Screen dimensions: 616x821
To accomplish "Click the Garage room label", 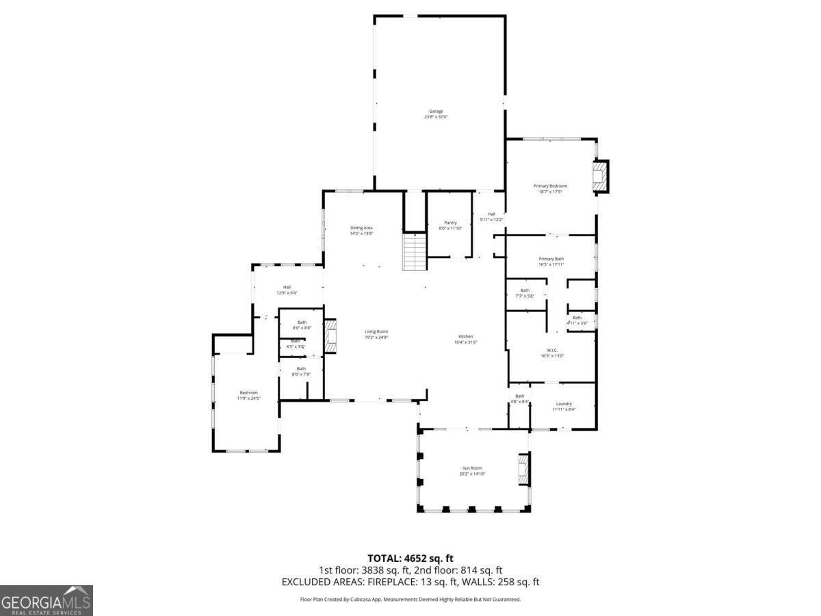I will [x=436, y=114].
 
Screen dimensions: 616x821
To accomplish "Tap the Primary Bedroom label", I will [x=550, y=188].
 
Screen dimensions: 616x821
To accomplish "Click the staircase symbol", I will [x=415, y=252].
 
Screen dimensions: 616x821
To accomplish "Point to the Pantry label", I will [x=450, y=224].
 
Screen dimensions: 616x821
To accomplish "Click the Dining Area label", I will [x=361, y=230].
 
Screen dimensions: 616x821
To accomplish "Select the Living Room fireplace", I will [x=330, y=336].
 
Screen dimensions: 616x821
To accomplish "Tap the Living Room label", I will [x=376, y=334].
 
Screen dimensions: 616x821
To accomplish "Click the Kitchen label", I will [x=465, y=339].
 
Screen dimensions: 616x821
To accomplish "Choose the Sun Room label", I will [x=471, y=470].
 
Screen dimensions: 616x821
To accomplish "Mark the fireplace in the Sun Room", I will [x=523, y=470].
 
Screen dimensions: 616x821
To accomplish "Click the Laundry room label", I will [x=564, y=407].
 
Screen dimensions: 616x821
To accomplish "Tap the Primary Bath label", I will [x=551, y=261].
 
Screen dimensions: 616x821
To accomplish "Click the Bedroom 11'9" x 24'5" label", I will [x=248, y=395].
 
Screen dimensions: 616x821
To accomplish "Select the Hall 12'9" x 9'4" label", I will [x=287, y=290].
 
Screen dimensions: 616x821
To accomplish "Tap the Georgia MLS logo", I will [x=47, y=600].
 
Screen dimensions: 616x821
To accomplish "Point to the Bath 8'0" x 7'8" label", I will [x=301, y=371].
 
